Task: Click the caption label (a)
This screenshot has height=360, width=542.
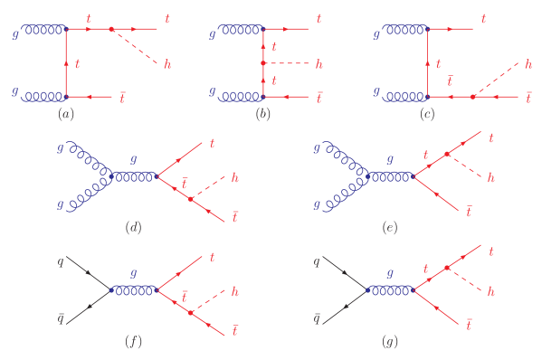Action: click(x=65, y=114)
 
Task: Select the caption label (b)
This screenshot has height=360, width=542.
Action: click(x=263, y=114)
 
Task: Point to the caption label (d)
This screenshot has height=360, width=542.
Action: click(x=133, y=228)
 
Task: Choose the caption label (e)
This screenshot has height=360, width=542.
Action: click(x=390, y=228)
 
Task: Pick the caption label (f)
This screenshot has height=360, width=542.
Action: click(x=133, y=342)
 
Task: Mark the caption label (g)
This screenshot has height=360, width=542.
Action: click(x=390, y=342)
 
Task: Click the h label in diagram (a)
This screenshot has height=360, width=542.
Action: click(x=167, y=63)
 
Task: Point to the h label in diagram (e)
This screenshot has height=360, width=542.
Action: click(x=491, y=177)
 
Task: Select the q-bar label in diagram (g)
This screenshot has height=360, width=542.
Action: click(x=318, y=318)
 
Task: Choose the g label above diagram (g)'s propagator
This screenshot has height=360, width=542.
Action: click(x=390, y=271)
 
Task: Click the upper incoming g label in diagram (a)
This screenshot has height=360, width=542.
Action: click(x=15, y=34)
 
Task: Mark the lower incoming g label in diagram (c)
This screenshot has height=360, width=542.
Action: click(x=376, y=91)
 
